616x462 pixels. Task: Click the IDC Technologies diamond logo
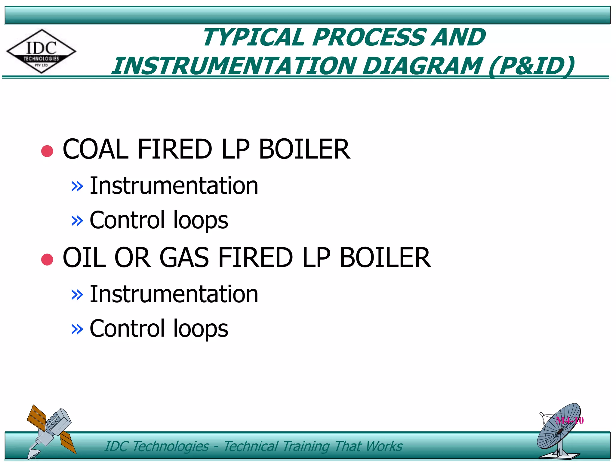pos(41,51)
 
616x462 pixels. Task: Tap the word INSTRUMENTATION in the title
pos(234,66)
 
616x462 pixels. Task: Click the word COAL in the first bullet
pos(96,149)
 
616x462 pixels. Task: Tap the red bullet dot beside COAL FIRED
pos(47,151)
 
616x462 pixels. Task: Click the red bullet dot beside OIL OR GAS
pos(47,259)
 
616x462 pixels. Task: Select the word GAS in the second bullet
pos(184,257)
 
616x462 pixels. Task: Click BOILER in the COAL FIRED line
pos(304,149)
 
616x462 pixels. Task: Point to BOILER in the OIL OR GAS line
pos(385,257)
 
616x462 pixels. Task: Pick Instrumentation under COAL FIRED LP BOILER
pos(174,186)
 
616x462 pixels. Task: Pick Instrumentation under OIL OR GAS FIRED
pos(174,294)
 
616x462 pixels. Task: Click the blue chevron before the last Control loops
pos(77,329)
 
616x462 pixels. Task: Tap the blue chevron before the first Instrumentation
pos(77,186)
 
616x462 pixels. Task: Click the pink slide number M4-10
pos(570,420)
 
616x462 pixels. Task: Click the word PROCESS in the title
pos(370,38)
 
